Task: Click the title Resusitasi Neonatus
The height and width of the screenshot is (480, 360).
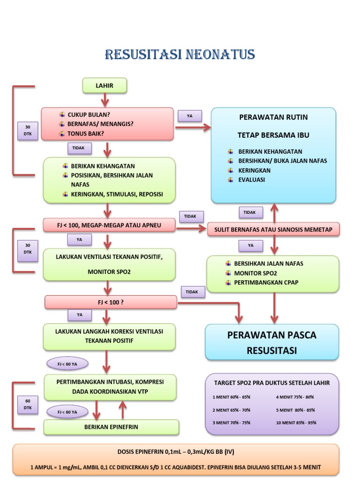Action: [180, 54]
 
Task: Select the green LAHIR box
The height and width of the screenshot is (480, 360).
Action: [105, 86]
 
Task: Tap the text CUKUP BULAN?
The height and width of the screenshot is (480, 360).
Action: [89, 114]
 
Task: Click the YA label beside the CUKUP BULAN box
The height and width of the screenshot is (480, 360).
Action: [189, 116]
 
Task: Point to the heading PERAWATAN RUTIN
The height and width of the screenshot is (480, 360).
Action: [273, 117]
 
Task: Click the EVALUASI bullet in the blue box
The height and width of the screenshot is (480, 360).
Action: [251, 180]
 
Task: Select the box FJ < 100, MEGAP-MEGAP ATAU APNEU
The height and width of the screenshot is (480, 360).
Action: [109, 225]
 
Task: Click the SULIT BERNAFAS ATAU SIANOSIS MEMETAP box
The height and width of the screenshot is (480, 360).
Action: [273, 229]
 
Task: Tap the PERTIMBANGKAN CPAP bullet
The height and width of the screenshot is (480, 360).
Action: [266, 282]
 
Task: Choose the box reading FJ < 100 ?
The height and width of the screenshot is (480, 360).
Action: [111, 302]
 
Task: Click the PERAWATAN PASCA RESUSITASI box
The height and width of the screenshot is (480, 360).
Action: [272, 342]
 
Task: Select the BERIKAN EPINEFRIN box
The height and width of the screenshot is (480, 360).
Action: [111, 427]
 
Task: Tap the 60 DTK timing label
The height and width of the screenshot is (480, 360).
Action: [28, 405]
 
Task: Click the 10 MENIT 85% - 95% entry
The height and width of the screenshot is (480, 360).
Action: [296, 422]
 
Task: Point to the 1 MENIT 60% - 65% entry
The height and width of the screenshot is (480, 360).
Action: [232, 397]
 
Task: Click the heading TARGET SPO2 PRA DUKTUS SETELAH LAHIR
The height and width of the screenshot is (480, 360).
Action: [272, 382]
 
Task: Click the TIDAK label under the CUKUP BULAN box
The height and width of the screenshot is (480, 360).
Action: [79, 148]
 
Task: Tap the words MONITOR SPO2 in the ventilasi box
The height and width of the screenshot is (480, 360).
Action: [109, 272]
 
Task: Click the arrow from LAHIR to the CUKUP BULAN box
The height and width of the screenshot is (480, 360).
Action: [105, 99]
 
